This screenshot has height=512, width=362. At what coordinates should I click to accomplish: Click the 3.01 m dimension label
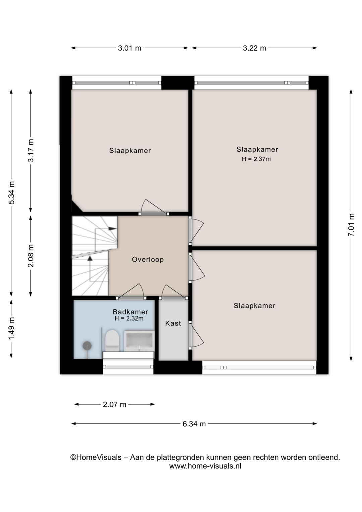pos(129,48)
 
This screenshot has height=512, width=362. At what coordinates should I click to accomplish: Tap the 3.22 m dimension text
pos(254,48)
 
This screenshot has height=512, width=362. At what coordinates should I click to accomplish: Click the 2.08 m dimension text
pos(31,256)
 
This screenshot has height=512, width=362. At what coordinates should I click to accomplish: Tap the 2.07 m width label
pos(114,404)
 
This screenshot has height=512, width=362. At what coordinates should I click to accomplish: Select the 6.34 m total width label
pos(194,424)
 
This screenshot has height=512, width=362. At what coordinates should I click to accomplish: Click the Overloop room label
pos(148,259)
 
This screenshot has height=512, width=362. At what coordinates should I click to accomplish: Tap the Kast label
pos(173,323)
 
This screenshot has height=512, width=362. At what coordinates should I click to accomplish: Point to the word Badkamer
pos(130,312)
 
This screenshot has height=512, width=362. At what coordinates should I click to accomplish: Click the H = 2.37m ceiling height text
pos(256,159)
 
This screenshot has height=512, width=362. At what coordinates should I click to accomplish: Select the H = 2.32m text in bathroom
pos(129,318)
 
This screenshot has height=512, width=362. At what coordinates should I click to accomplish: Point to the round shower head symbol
pos(87,346)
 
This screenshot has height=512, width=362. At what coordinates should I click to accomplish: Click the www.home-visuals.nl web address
pos(205,466)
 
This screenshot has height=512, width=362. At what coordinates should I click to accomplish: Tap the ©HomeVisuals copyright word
pos(96,457)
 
